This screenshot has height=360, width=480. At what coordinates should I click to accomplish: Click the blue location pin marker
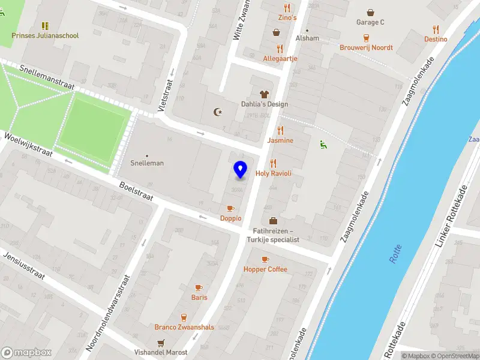(x=241, y=169)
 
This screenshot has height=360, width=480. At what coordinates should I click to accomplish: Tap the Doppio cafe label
(x=230, y=218)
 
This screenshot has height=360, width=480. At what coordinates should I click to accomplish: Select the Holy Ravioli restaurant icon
(x=274, y=163)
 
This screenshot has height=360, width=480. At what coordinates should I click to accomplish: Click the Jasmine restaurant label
(x=280, y=140)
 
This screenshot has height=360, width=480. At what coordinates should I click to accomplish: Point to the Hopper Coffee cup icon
(x=265, y=259)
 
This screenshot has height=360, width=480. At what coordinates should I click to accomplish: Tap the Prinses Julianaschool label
(x=45, y=35)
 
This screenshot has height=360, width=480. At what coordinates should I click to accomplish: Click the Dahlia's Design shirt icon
(x=264, y=94)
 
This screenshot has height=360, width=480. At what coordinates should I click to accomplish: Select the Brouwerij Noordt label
(x=366, y=47)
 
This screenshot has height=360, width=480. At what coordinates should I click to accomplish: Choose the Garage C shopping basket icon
(x=370, y=12)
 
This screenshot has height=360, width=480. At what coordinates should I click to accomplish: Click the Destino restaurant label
(x=436, y=39)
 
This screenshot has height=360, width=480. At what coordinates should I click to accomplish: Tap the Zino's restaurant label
(x=287, y=18)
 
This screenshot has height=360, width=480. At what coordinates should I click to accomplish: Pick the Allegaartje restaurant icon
(x=280, y=49)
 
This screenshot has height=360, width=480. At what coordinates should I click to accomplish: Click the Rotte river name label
(x=395, y=257)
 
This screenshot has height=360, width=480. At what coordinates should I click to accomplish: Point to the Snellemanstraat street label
(x=46, y=78)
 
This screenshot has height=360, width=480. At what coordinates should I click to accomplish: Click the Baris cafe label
(x=199, y=297)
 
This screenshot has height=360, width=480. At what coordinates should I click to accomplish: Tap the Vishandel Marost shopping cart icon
(x=160, y=343)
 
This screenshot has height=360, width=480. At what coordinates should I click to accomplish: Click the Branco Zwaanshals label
(x=184, y=327)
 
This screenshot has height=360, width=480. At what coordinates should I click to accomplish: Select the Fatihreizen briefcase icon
(x=274, y=221)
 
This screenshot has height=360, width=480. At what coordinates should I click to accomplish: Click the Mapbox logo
(x=26, y=353)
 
